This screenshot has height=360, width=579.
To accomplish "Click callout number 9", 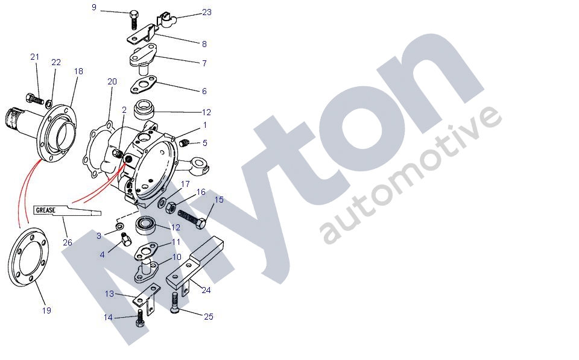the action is click(x=94, y=7).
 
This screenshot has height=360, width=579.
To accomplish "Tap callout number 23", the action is click(x=207, y=12).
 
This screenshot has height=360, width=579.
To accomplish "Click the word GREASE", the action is click(x=45, y=210).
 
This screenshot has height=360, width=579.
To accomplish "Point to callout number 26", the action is click(x=68, y=242).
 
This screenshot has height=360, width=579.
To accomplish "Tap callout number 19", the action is click(x=46, y=311).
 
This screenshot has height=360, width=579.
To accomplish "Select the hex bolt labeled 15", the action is click(x=192, y=218).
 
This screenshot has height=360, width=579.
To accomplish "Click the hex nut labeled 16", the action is click(x=171, y=208).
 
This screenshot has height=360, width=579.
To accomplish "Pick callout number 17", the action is click(x=185, y=184).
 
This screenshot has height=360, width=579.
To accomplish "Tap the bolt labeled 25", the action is click(x=175, y=303).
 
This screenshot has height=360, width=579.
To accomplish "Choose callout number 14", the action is click(x=108, y=318).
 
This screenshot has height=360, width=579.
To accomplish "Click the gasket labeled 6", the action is click(x=144, y=84).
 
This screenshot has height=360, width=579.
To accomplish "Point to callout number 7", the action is click(x=204, y=63).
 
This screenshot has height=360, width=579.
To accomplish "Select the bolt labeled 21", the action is click(x=34, y=98).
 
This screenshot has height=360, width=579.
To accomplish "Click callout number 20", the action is click(x=112, y=81).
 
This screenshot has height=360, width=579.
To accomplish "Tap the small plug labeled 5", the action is click(x=185, y=143).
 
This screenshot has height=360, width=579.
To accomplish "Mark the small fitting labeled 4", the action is click(x=126, y=239).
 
